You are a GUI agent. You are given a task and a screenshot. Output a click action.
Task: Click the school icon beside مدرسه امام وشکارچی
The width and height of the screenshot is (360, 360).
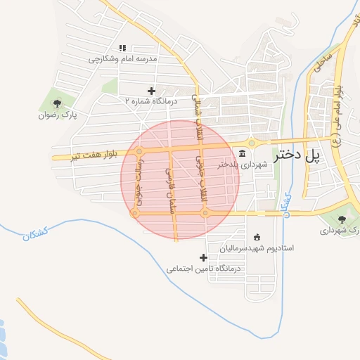pos(122,48)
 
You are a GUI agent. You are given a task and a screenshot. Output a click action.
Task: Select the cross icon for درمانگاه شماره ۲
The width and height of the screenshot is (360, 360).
pos(151,91)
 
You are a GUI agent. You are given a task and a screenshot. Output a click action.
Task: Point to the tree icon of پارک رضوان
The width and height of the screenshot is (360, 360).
pos(57,103)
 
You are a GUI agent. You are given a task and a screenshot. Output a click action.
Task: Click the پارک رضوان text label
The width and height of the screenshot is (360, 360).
pos(57,114)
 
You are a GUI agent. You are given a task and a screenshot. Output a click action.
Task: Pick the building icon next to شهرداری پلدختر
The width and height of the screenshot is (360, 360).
pos(243,153)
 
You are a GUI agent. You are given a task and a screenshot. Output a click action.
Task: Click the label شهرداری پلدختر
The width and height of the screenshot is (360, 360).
pos(243,165)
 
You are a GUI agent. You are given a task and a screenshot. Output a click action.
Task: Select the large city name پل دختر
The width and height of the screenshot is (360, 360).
pos(307,156)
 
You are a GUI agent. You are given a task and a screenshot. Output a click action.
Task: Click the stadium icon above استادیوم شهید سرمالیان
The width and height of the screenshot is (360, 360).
pos(257,237)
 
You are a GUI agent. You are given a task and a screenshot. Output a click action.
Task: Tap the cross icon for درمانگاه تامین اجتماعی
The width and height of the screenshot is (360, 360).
pos(204,257)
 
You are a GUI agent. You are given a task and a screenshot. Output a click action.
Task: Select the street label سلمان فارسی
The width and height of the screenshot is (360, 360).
pos(169,188)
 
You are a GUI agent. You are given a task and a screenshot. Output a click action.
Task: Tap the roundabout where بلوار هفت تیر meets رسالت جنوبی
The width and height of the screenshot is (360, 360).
pos(139,151)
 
